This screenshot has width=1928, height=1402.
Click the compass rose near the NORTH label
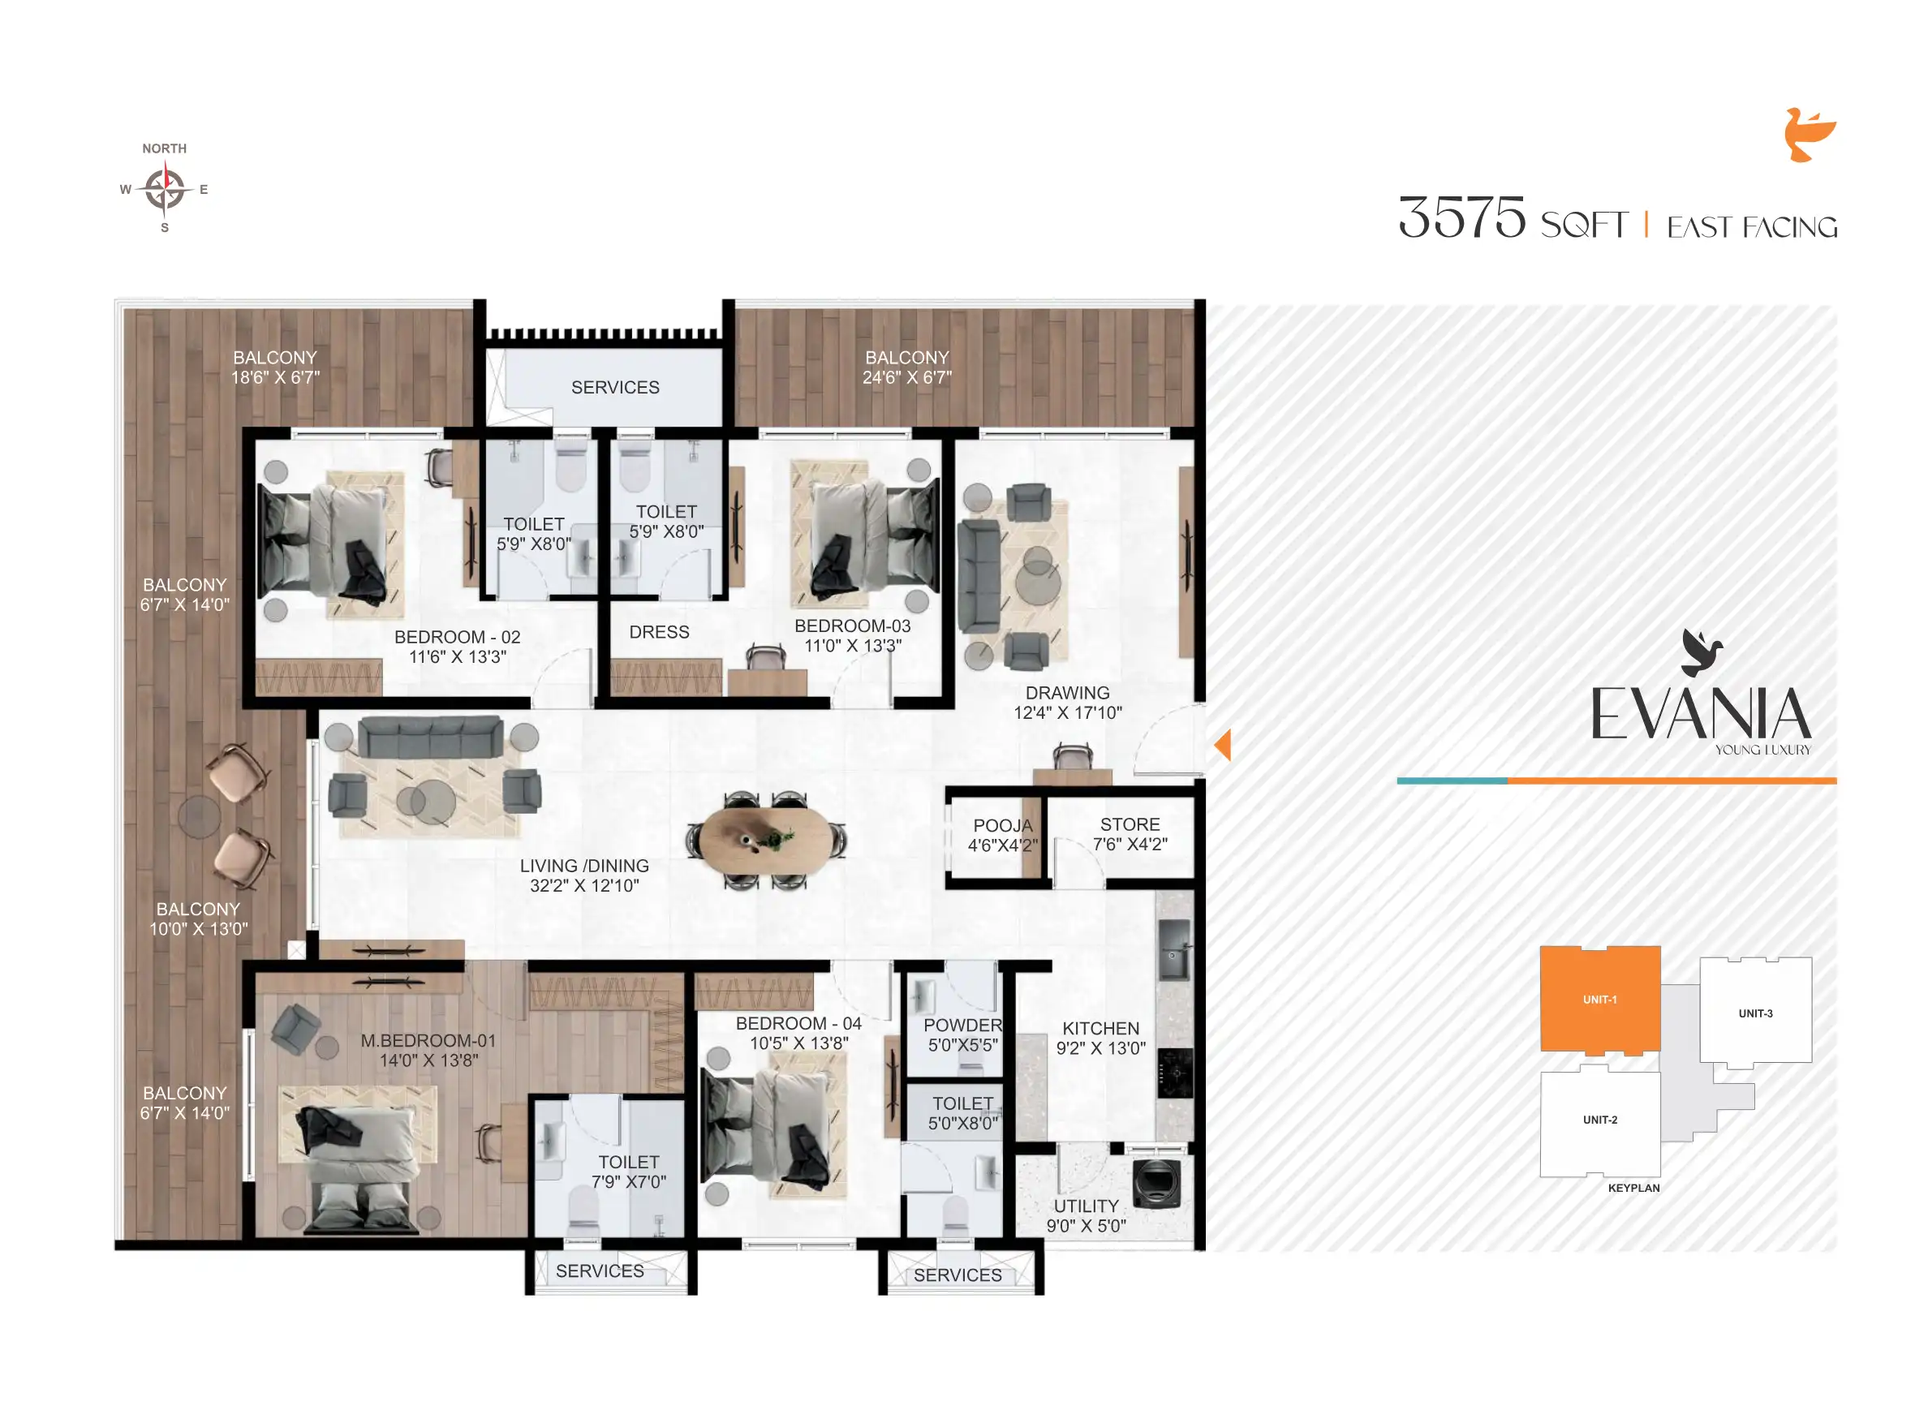164,189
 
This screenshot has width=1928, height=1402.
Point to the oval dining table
766,839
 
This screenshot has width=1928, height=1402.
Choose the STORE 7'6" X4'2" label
1130,834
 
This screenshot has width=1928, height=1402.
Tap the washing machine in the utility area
1156,1183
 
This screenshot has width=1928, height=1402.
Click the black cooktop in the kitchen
1175,1073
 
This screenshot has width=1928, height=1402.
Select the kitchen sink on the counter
1175,950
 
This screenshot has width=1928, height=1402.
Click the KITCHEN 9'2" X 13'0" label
1100,1038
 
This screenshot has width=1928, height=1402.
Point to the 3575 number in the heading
1461,217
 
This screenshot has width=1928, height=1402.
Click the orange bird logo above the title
1808,135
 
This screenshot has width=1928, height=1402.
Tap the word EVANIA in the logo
1700,714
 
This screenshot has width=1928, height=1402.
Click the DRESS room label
659,632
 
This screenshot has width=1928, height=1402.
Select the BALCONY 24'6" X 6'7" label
906,368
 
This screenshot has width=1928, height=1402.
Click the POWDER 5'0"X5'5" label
962,1034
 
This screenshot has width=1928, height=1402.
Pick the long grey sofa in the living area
430,736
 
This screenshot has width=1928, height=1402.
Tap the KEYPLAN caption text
1633,1188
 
